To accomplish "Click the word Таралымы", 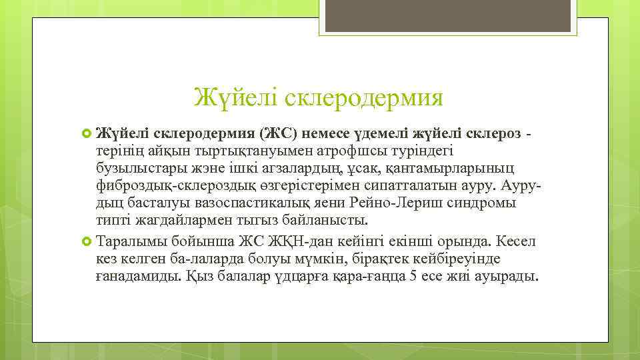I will coord(131,241).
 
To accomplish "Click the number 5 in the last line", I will coord(413,275).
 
